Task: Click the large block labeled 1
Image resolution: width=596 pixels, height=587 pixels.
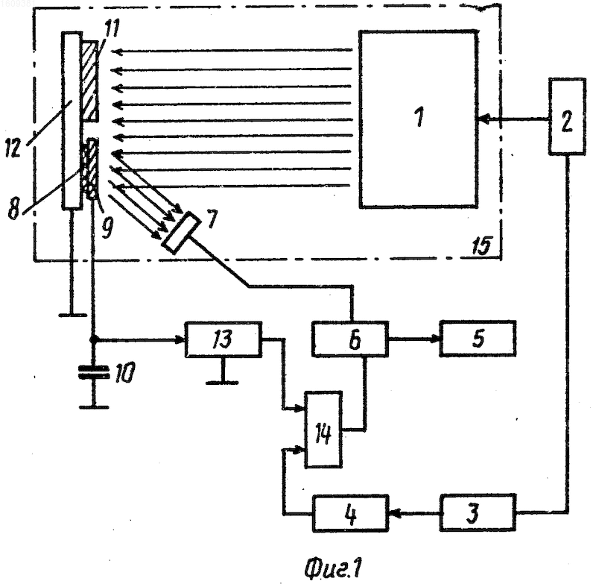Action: coord(419,119)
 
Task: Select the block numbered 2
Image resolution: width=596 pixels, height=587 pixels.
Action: coord(567,116)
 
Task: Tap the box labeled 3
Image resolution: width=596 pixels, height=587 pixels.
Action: coord(478,512)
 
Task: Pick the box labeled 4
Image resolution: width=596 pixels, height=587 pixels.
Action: coord(350,513)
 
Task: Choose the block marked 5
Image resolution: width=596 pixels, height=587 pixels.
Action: coord(478,339)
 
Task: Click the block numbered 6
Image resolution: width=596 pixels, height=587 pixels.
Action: coord(350,339)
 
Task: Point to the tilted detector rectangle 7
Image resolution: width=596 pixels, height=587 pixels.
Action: coord(182,233)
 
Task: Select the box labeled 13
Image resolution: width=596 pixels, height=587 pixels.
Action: coord(223,339)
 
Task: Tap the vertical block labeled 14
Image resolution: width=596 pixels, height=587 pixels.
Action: coord(323,430)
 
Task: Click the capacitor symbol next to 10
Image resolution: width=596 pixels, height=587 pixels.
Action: coord(94,372)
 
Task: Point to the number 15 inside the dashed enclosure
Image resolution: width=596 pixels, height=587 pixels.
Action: coord(482,245)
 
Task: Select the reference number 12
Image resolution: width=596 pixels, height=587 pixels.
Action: coord(13,148)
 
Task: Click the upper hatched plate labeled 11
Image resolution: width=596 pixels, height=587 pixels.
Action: coord(90,81)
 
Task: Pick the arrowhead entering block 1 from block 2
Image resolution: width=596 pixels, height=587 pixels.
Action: coord(482,120)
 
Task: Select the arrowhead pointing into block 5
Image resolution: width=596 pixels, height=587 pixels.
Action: coord(435,339)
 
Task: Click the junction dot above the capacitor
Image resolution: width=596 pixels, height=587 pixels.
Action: coord(94,339)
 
